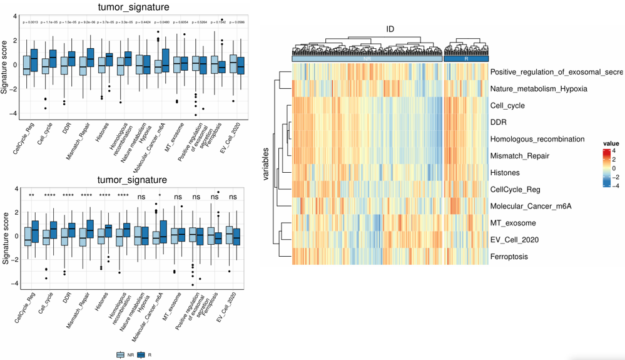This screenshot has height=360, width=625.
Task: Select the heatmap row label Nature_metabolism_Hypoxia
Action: (x=539, y=89)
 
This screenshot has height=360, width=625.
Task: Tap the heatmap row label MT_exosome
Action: (x=513, y=223)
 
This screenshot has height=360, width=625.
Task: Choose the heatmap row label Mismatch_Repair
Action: (x=520, y=156)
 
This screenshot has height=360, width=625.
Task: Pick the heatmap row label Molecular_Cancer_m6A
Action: (x=531, y=206)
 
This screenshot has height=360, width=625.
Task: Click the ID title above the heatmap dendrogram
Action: (x=390, y=29)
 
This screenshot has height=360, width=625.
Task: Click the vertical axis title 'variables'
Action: (x=267, y=164)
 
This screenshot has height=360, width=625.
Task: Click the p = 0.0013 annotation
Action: (x=31, y=23)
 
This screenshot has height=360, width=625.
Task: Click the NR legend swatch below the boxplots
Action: (x=119, y=354)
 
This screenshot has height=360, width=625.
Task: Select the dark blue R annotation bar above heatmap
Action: (x=467, y=59)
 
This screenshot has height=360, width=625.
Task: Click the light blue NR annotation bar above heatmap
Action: (x=367, y=59)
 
